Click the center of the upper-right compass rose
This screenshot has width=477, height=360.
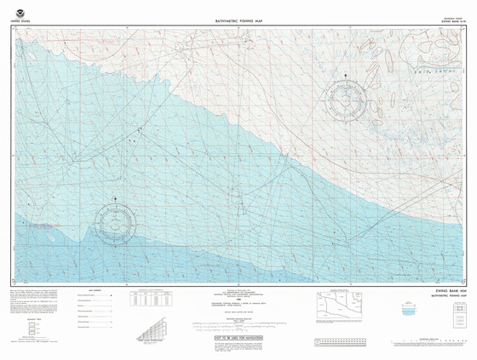coord(348,103)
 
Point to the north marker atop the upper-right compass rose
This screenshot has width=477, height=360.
coord(348,77)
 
